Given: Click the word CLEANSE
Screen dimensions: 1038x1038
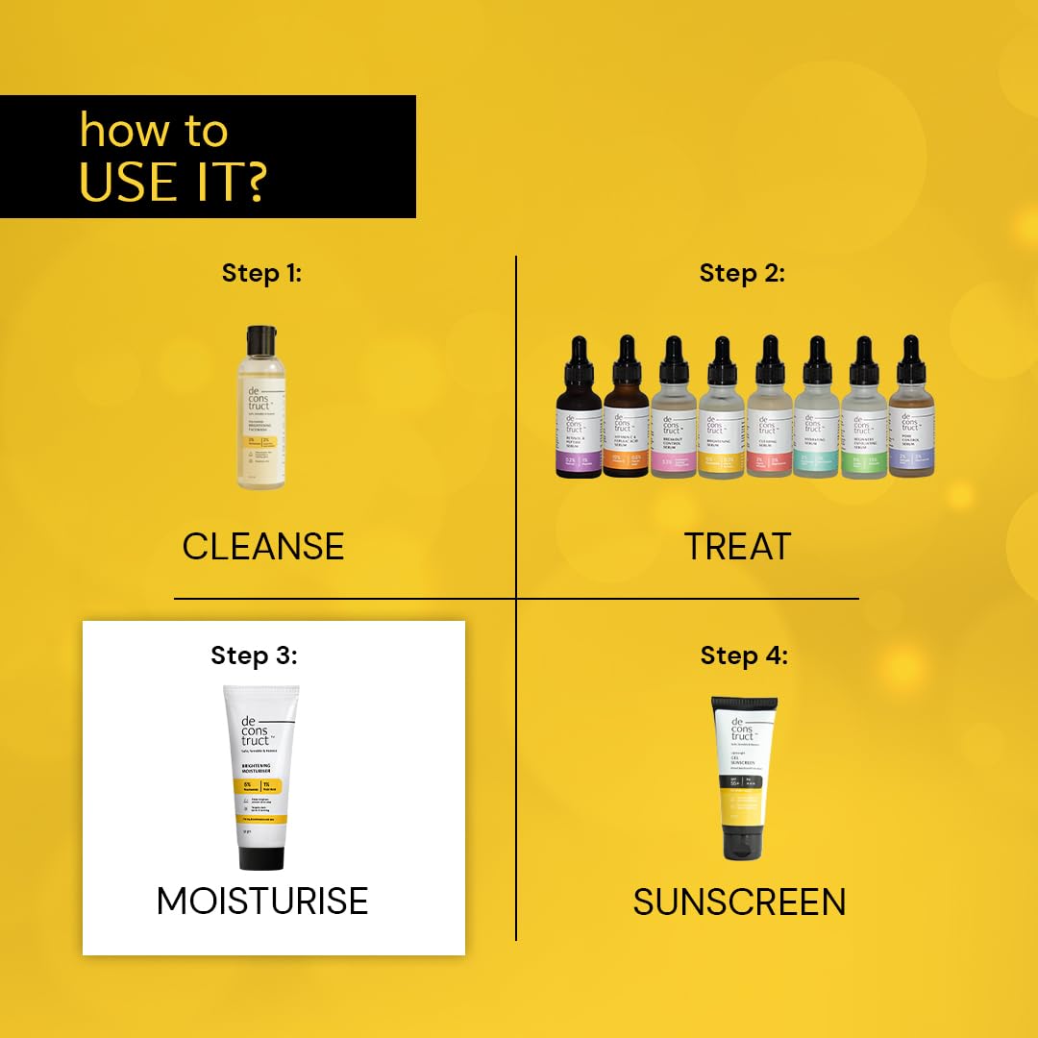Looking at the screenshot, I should point(262,546).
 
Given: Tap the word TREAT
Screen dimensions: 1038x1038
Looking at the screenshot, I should point(737,546).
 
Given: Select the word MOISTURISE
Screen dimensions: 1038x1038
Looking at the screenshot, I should point(262,901).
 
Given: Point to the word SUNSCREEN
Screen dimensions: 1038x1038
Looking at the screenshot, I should point(739,902).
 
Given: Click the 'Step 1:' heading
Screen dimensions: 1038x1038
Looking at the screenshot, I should point(261,273).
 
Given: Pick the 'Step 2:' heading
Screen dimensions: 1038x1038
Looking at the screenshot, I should point(742,273).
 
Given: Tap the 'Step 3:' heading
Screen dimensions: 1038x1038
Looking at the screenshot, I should point(255,655).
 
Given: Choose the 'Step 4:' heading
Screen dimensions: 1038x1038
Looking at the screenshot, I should point(744,655).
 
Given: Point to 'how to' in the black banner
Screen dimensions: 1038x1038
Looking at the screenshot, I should point(154,130).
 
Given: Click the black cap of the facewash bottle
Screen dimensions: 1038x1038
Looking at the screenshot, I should point(261,338).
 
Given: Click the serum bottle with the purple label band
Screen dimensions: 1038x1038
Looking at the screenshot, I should point(579,423).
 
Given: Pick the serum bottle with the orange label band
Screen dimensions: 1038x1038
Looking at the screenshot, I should point(626,423).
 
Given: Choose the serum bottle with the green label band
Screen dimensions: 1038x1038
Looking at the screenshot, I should point(864,423).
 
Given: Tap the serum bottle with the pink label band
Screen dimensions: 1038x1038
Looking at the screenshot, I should point(673,423).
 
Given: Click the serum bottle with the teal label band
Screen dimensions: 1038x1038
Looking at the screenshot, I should point(816,423).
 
